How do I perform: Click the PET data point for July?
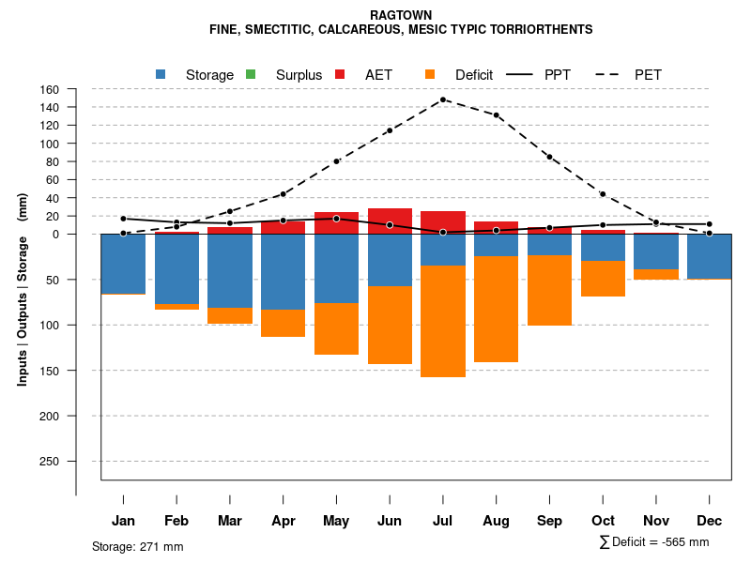tap(443, 99)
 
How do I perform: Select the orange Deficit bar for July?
tap(443, 321)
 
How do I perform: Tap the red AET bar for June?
tap(390, 221)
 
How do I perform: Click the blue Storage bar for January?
tap(123, 264)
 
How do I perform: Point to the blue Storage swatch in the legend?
tap(161, 74)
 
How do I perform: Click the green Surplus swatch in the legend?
tap(251, 74)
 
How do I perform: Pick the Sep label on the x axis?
tap(550, 521)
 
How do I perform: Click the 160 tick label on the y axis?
tap(50, 89)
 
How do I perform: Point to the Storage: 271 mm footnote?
tap(137, 546)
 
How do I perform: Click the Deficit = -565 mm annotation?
tap(654, 542)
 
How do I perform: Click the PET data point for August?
tap(497, 115)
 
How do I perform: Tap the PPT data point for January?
tap(123, 219)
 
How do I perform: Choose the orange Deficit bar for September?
tap(550, 290)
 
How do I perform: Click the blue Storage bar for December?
tap(710, 256)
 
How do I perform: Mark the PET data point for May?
tap(336, 161)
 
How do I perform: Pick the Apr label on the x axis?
tap(283, 521)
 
